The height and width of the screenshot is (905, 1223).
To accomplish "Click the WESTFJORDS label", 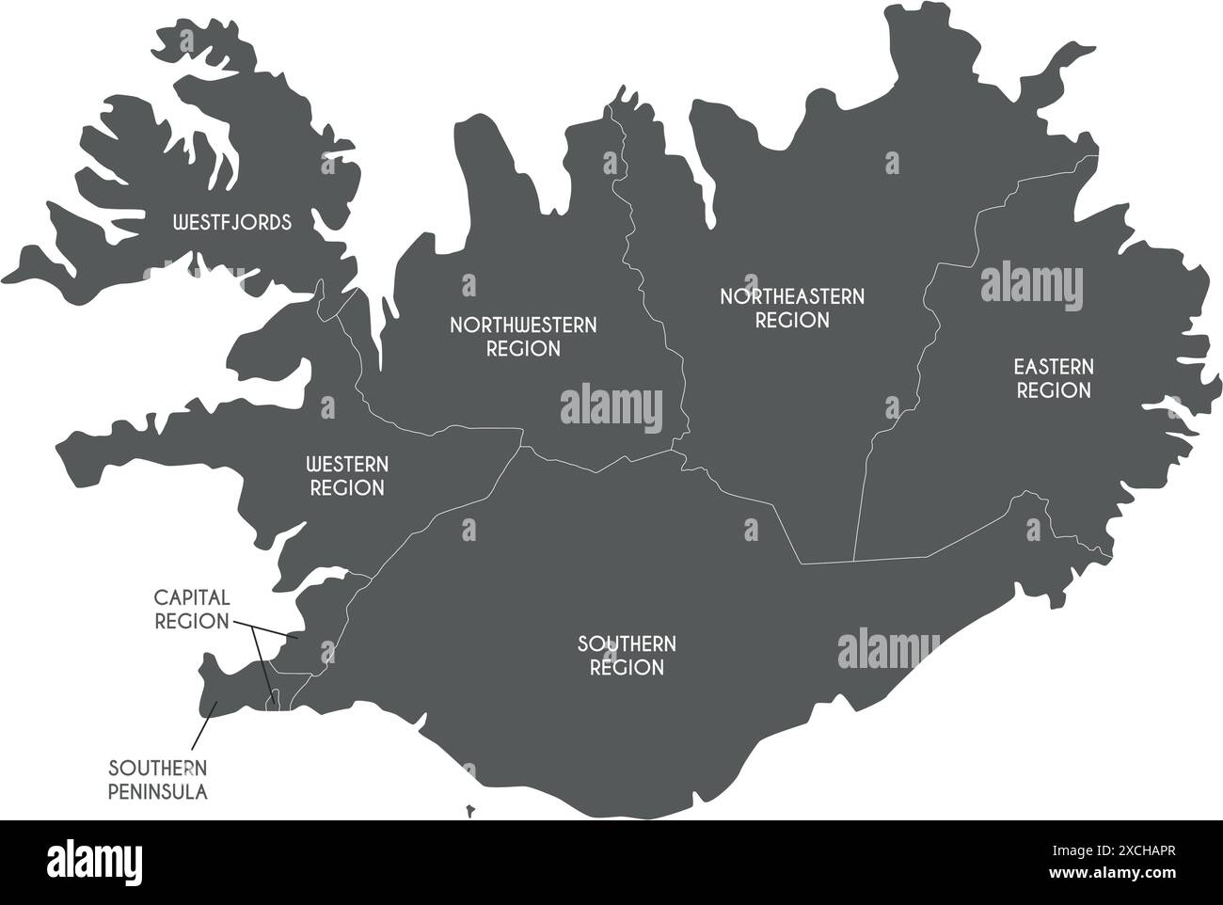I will tap(232, 223).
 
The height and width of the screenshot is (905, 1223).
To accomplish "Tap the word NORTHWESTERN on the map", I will tap(523, 325).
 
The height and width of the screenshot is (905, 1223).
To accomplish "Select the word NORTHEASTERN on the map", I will tap(792, 296).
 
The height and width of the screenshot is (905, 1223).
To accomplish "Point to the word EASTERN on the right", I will tap(1054, 366).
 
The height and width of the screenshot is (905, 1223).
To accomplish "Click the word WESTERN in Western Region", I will tap(347, 465).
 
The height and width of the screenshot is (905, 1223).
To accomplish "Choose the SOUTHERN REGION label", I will tap(627, 656).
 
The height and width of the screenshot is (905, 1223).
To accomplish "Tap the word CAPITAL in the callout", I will tap(192, 597).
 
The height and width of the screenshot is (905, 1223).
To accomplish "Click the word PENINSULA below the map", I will tap(158, 792).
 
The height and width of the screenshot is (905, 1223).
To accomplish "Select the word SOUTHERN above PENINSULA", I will tap(158, 768).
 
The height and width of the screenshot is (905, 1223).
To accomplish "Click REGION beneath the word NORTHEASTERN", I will tap(792, 321).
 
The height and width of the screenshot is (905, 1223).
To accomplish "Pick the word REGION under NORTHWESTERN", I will tap(523, 349).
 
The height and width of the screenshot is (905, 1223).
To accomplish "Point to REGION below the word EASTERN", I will tap(1054, 390).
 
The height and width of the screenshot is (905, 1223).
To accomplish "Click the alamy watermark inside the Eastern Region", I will tap(1032, 287).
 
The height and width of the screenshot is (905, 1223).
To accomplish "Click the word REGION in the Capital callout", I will tap(192, 621).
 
